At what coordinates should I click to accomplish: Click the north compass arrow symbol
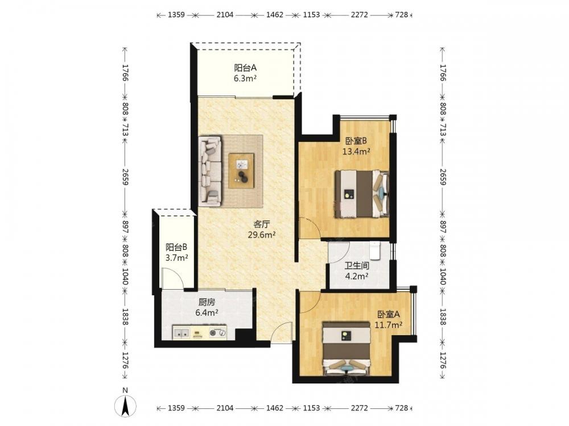pyautogui.click(x=125, y=406)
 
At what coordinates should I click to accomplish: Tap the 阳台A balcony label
pyautogui.click(x=245, y=68)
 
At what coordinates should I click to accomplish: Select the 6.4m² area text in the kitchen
pyautogui.click(x=207, y=312)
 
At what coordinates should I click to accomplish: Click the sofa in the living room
pyautogui.click(x=210, y=172)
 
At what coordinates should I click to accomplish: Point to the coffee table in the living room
pyautogui.click(x=241, y=170)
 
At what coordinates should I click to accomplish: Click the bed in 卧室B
pyautogui.click(x=362, y=194)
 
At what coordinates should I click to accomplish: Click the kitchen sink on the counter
pyautogui.click(x=181, y=332)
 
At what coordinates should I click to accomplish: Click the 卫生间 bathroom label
pyautogui.click(x=357, y=266)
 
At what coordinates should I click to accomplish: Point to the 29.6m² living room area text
pyautogui.click(x=262, y=235)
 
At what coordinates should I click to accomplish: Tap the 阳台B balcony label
pyautogui.click(x=177, y=248)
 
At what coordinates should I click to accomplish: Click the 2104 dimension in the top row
pyautogui.click(x=225, y=15)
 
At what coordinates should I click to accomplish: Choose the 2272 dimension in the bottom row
pyautogui.click(x=360, y=408)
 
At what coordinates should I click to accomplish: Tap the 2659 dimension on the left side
pyautogui.click(x=125, y=177)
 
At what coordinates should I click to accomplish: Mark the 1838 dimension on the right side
pyautogui.click(x=443, y=316)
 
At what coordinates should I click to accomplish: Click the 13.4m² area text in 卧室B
pyautogui.click(x=356, y=152)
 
